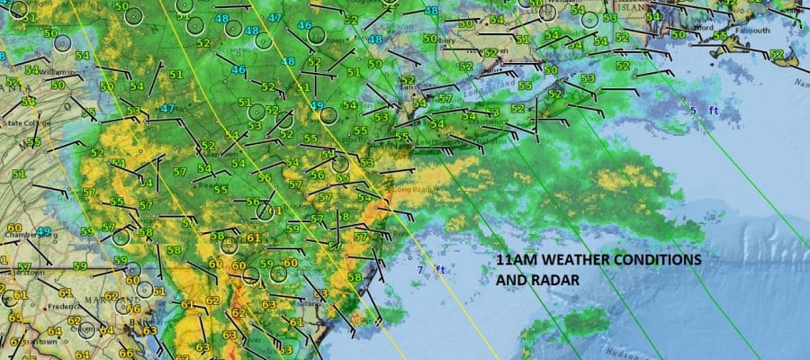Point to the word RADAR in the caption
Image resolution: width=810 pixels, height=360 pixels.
(555, 279)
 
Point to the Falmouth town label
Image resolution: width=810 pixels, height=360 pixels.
(755, 31)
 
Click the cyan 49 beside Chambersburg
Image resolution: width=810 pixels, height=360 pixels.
(43, 232)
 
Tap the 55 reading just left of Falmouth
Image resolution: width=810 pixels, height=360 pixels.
(720, 35)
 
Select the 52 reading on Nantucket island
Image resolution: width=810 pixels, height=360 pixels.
(777, 55)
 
